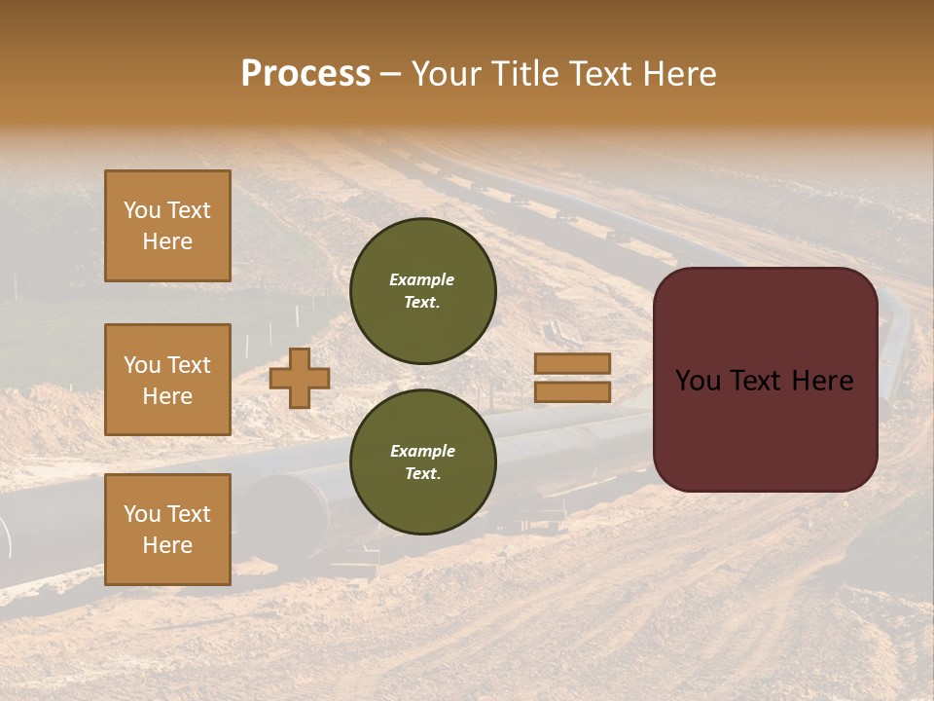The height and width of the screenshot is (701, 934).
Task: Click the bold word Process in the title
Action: click(x=305, y=74)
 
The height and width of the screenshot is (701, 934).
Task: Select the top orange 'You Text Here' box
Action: click(x=167, y=226)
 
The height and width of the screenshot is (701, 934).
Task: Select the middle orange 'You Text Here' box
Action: click(x=167, y=380)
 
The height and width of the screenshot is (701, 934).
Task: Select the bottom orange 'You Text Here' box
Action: click(x=167, y=529)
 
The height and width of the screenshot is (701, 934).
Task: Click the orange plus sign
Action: click(x=300, y=378)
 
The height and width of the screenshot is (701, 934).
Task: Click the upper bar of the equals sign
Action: click(x=572, y=363)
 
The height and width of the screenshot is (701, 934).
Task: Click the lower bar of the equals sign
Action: click(x=572, y=391)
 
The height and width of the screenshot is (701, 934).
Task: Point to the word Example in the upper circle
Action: click(x=422, y=279)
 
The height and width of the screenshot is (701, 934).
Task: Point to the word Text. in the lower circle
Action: click(x=422, y=474)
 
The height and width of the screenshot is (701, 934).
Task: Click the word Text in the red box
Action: click(x=765, y=381)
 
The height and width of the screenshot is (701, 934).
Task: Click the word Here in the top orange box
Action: click(x=167, y=241)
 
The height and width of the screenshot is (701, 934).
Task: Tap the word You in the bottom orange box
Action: click(x=142, y=514)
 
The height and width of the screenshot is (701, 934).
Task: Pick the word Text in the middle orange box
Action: click(x=189, y=365)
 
